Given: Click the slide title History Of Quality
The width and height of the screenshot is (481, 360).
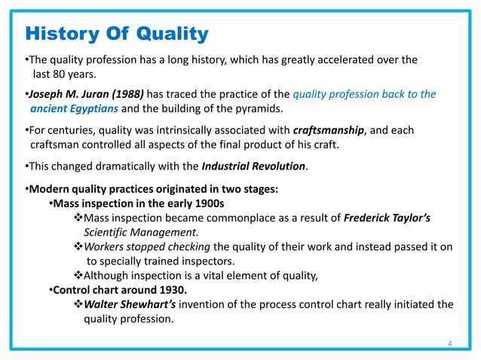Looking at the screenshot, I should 117,34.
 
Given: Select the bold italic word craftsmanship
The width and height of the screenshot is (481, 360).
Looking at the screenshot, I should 327,130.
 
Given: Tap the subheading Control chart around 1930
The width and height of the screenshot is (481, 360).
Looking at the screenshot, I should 121,289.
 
